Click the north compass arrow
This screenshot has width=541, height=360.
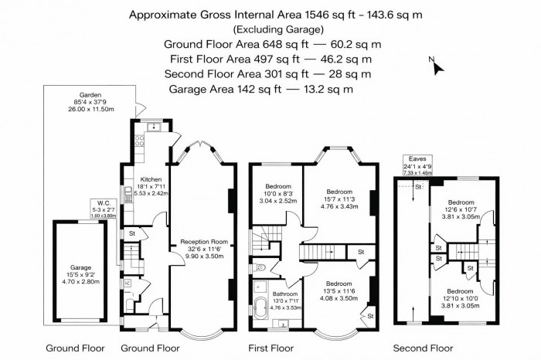(438, 67)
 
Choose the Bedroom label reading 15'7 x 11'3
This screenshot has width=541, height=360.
(339, 198)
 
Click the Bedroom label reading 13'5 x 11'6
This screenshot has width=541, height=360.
(339, 290)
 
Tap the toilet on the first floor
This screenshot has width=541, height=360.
(260, 268)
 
